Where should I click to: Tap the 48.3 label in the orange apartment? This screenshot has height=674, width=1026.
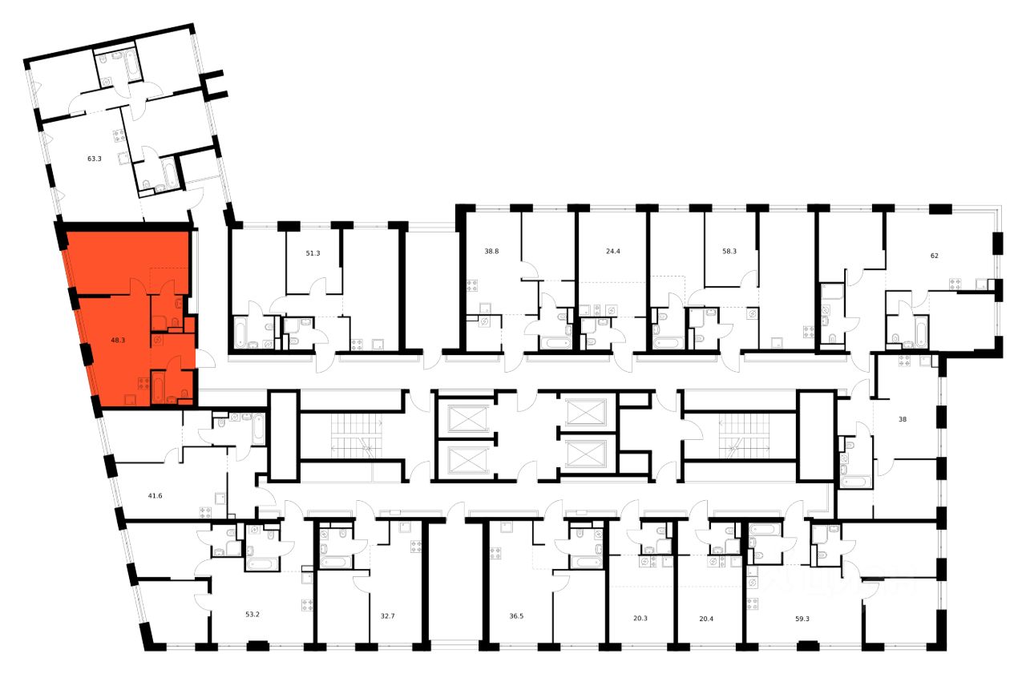pos(118,340)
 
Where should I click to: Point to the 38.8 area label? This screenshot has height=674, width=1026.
pos(491,251)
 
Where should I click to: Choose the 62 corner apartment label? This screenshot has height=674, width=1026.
pos(934,256)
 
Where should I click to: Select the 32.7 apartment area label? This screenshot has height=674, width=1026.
pos(388,617)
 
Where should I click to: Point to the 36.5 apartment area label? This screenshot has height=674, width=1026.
pos(517,617)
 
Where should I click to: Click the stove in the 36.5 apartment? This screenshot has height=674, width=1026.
pos(495,552)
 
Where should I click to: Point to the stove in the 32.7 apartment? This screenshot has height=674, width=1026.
pos(416,547)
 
